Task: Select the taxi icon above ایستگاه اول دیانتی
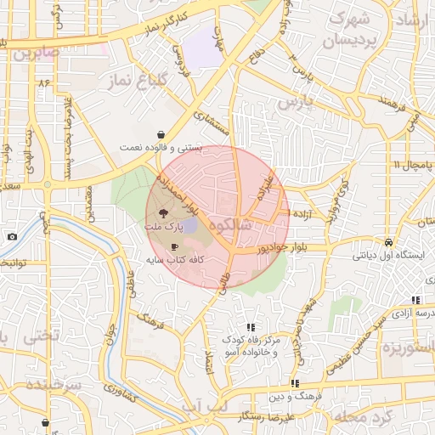click(x=387, y=241)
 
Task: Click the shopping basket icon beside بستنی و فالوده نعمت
click(x=161, y=134)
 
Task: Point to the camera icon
click(x=12, y=237)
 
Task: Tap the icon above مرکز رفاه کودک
click(x=251, y=327)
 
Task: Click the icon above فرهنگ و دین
click(x=295, y=384)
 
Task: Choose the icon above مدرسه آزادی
click(x=415, y=300)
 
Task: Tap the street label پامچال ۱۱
click(x=412, y=163)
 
